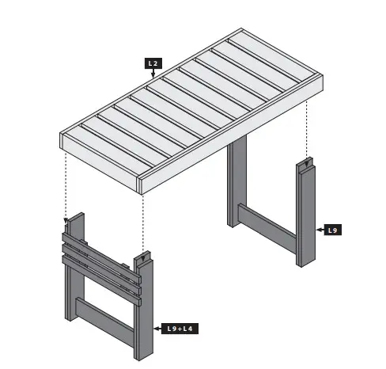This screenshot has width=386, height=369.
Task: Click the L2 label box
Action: [153, 63]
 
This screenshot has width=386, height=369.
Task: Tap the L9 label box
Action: [333, 230]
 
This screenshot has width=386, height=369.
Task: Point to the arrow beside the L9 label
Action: [319, 230]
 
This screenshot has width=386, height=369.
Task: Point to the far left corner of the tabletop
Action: [62, 134]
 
